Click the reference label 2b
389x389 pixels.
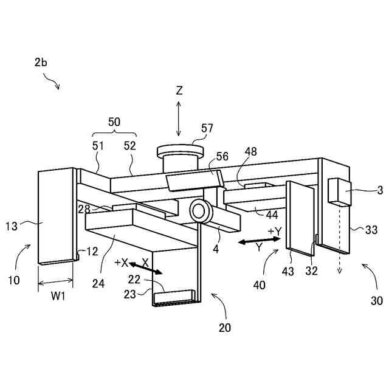41,63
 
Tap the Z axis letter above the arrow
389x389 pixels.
179,91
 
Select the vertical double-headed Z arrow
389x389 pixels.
179,119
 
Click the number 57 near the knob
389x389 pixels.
207,128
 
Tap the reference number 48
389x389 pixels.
251,151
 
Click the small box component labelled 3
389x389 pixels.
336,190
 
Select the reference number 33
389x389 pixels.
371,230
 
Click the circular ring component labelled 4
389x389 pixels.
199,211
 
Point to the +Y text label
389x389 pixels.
275,232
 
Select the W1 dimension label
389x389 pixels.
58,297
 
